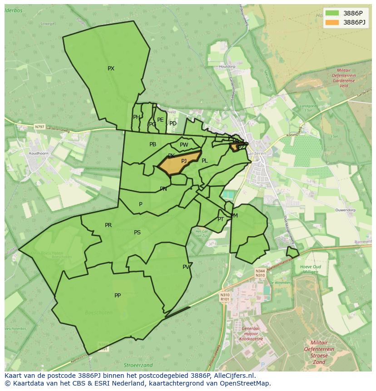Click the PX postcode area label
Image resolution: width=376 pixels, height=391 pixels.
(111, 69)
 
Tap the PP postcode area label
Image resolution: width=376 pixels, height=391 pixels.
(118, 296)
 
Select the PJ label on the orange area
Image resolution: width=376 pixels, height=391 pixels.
(184, 161)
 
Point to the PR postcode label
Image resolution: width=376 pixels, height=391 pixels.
(108, 225)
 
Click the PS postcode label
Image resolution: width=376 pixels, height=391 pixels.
(137, 233)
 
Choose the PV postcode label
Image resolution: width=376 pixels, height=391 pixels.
(186, 267)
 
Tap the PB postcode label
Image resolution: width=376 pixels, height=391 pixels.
(153, 144)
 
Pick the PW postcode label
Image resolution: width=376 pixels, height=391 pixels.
(184, 145)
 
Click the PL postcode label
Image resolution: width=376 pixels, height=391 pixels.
(205, 161)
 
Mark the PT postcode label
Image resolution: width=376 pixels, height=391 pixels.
(221, 219)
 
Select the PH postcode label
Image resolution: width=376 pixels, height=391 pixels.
(136, 117)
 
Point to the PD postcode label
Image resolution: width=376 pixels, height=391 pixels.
(173, 124)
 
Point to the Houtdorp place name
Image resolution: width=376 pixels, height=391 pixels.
(227, 67)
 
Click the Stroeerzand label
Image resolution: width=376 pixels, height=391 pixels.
(138, 365)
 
